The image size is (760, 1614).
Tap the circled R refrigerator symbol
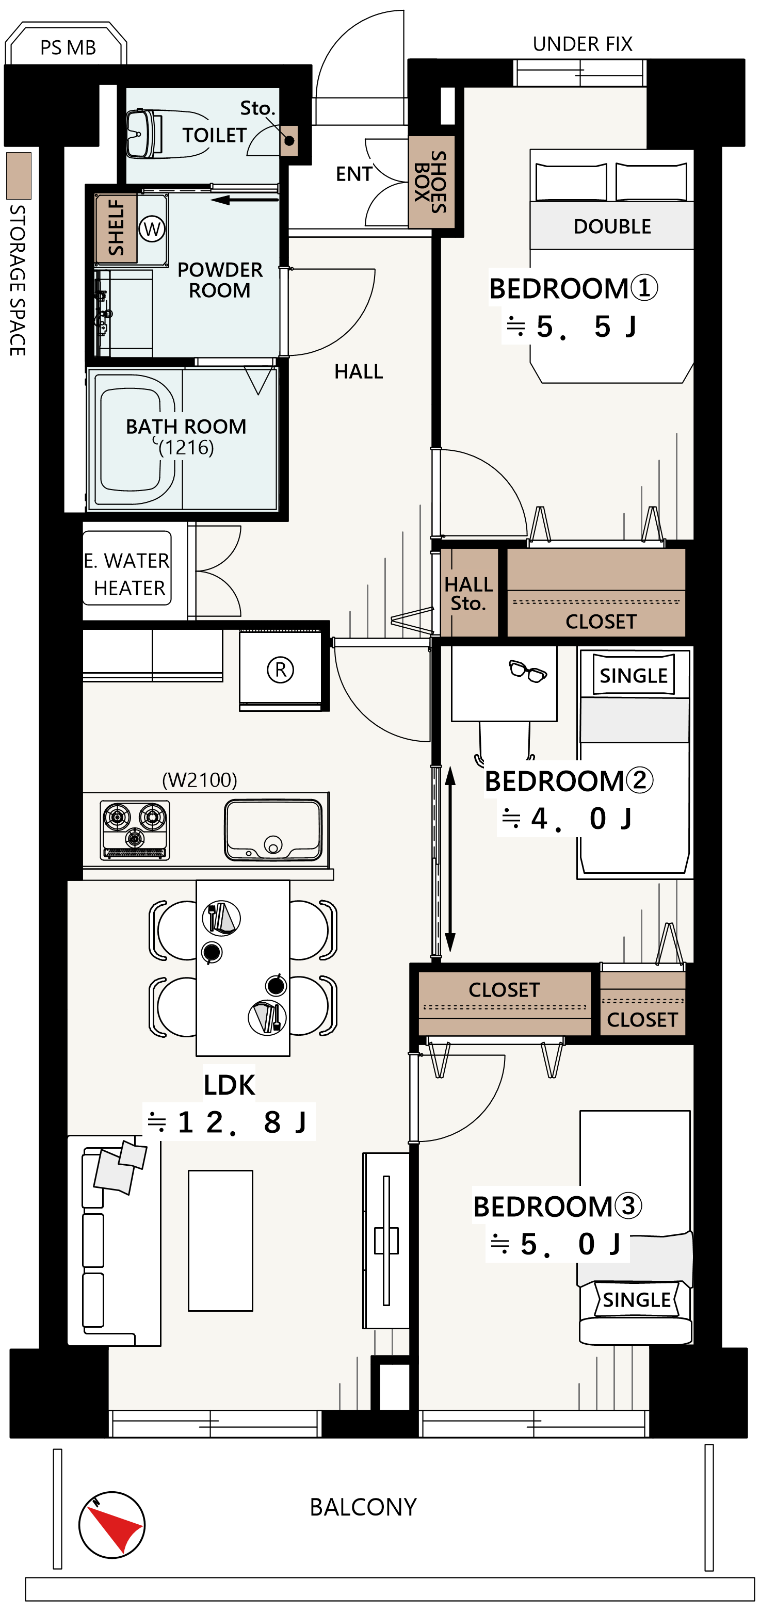coord(280,670)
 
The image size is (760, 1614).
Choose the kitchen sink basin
coord(273,829)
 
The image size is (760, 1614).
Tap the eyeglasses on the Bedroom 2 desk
coord(527,671)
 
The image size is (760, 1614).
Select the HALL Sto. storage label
coord(468,593)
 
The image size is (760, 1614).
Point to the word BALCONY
coord(363,1507)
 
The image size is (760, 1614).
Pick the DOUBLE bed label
coord(612,226)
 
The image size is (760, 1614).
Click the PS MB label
coord(68,47)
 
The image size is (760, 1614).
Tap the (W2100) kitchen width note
coord(200,780)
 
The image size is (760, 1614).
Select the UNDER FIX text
coord(583,44)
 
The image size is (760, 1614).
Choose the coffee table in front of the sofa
coord(220,1241)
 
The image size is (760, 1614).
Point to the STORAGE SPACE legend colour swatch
coord(19,175)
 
